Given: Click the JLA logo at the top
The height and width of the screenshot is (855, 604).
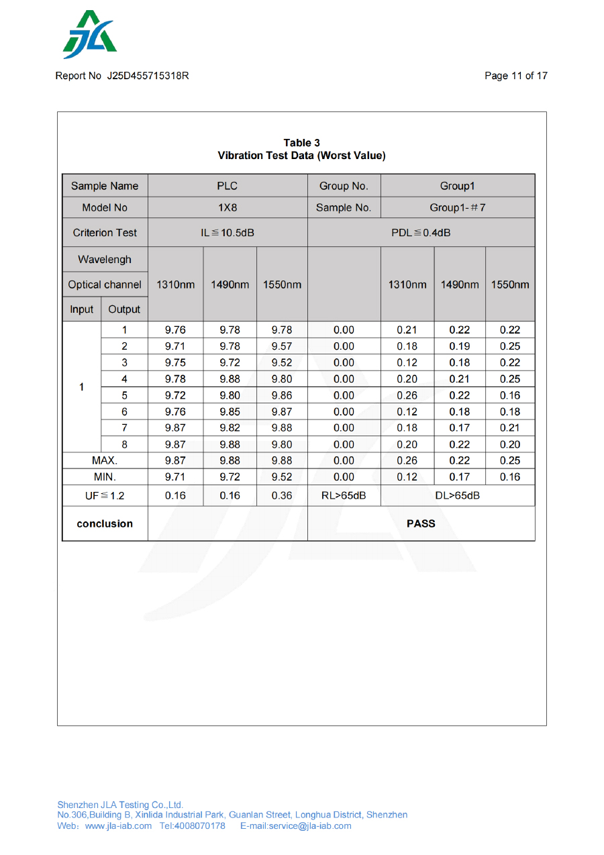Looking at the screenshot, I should [x=89, y=35].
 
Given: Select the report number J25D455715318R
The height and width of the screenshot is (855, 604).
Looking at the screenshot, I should [x=148, y=76].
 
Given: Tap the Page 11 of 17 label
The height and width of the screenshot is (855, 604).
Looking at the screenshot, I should [x=515, y=76].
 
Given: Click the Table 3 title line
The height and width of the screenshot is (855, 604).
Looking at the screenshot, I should [x=301, y=143].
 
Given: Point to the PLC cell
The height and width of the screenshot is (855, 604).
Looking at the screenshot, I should [x=228, y=186].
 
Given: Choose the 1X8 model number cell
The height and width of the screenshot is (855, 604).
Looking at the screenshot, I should [x=228, y=207].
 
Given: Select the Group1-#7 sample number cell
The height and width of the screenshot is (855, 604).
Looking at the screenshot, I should [x=457, y=207].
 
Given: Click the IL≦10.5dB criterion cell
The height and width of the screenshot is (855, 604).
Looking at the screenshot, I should [x=228, y=233].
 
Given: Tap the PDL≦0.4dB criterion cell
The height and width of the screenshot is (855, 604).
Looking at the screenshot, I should [x=421, y=233].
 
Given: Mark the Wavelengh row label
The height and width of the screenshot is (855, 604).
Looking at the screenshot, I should [x=105, y=259].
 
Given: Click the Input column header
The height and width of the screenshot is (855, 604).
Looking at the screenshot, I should [x=82, y=309].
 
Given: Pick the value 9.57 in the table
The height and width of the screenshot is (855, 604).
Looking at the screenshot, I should [x=282, y=346].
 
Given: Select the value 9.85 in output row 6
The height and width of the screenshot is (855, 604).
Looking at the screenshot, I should [x=230, y=411].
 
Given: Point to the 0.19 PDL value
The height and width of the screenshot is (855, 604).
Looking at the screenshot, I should [x=460, y=346].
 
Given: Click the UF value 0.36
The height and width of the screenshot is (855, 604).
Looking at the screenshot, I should [x=282, y=496].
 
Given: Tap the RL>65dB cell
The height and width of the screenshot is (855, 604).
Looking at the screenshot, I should [x=344, y=496].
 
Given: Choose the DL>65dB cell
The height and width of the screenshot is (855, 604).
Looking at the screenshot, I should [x=457, y=496].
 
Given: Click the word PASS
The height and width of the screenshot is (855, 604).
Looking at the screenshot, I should [x=421, y=523].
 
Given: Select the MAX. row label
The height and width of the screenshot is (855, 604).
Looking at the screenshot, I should [x=105, y=460].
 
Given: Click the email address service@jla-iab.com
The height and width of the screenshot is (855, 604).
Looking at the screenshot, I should [x=309, y=825].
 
